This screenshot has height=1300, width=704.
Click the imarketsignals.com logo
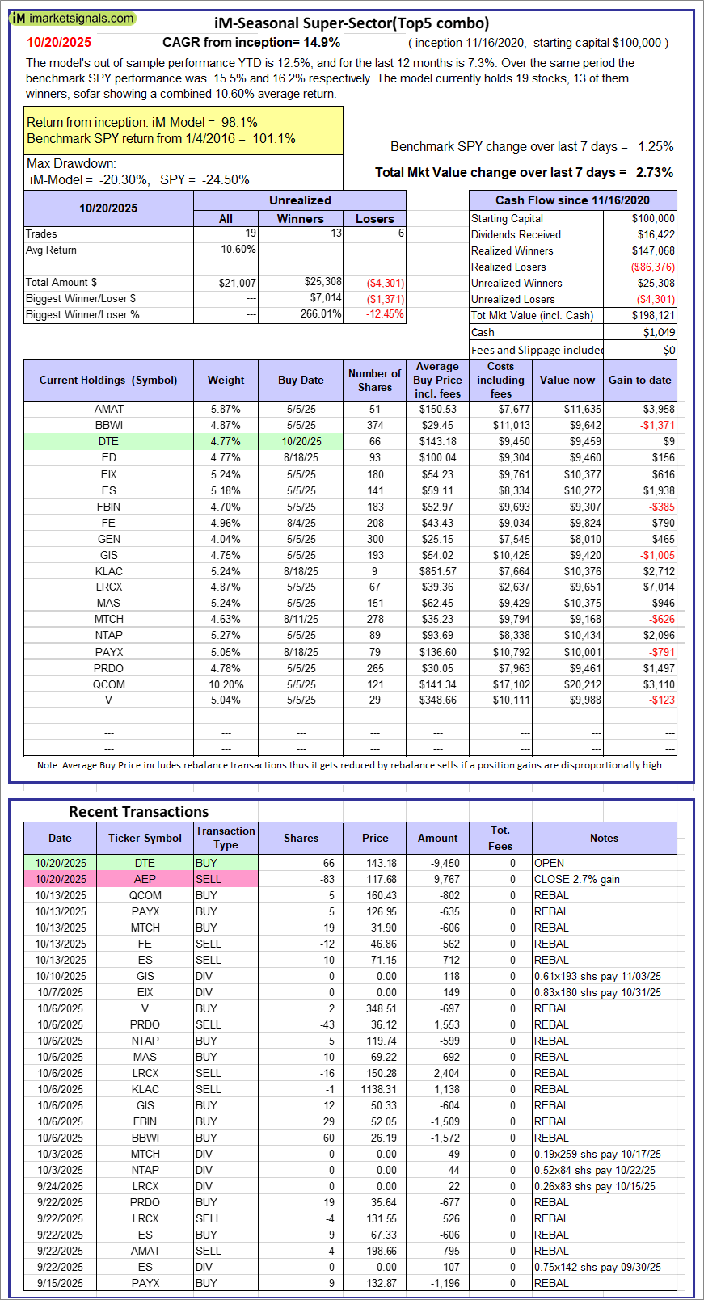(73, 18)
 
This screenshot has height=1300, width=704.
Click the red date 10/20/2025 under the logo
(59, 43)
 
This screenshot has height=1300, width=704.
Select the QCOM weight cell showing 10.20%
(226, 684)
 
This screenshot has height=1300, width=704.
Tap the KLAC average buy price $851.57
(437, 571)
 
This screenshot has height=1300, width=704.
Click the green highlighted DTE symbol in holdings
(108, 441)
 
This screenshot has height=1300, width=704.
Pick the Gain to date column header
(639, 380)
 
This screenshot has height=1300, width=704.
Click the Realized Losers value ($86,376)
(652, 267)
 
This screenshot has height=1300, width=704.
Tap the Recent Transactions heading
(138, 812)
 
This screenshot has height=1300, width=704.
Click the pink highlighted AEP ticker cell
(145, 879)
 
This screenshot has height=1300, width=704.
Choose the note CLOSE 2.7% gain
(576, 879)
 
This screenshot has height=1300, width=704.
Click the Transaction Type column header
(226, 838)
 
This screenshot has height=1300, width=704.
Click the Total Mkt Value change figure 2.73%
(654, 172)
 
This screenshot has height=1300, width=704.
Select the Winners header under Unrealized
(300, 218)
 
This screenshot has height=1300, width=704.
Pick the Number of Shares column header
(374, 380)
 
